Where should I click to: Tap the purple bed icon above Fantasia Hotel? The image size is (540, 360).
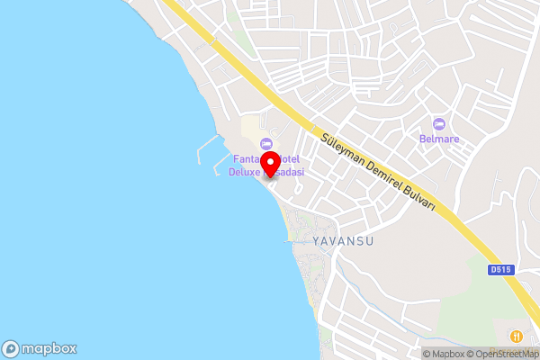coord(265,144)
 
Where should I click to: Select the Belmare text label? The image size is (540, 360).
coord(438,139)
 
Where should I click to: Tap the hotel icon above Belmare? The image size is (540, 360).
coord(438,123)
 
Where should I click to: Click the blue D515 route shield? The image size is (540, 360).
coord(500,269)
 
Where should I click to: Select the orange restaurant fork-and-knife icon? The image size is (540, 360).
coord(517,336)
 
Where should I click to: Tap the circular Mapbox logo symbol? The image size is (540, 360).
coord(12,349)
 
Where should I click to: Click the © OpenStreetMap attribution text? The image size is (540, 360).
coord(503,354)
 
